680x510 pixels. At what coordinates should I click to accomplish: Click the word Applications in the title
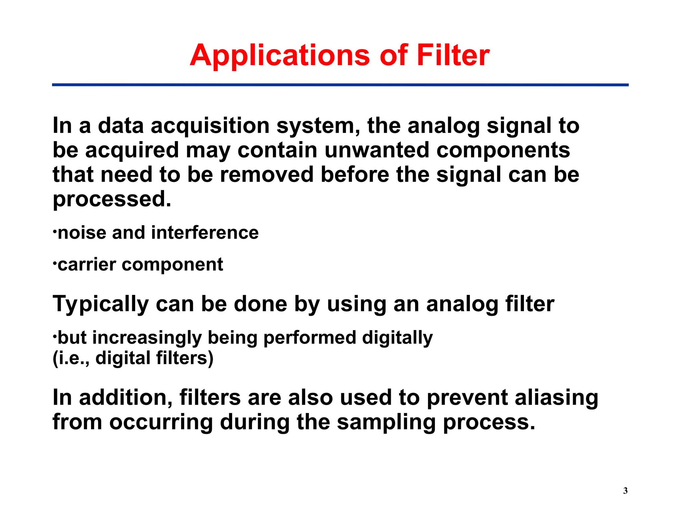pos(280,55)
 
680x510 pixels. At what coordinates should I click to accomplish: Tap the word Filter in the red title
pos(453,55)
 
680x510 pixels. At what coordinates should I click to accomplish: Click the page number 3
pos(625,491)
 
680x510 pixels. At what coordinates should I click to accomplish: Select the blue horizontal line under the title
pos(340,85)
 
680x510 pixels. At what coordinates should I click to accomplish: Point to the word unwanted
pos(377,150)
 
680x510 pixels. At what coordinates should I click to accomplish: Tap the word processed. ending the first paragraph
pos(112,199)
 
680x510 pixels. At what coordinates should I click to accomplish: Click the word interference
pos(205,233)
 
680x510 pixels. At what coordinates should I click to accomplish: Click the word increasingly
pos(147,338)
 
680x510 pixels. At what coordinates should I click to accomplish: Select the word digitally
pos(397,338)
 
